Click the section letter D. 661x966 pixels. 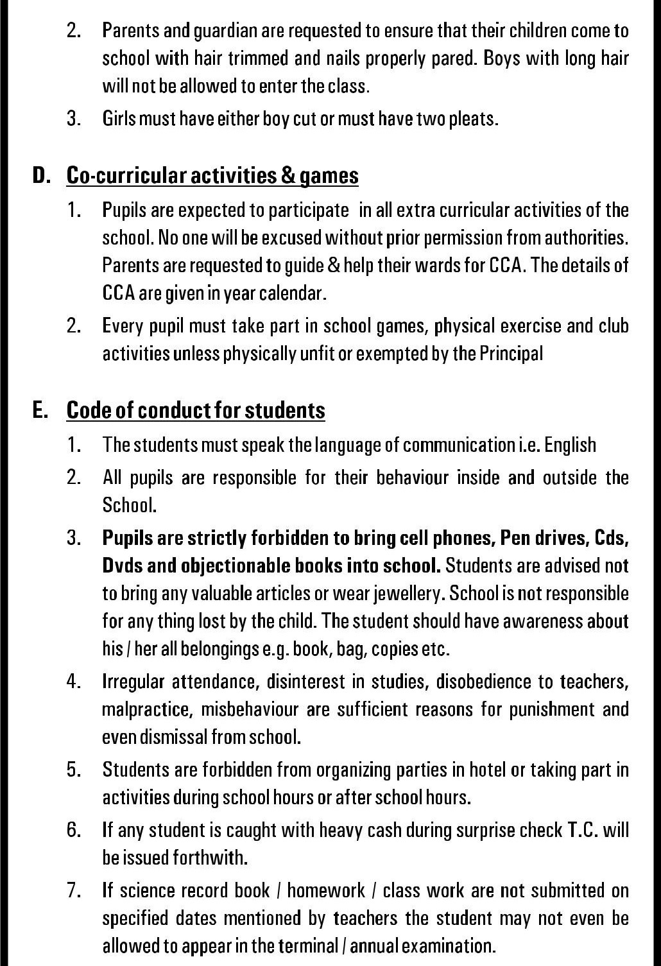pyautogui.click(x=40, y=175)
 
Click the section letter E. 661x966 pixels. pyautogui.click(x=40, y=410)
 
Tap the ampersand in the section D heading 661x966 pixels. pyautogui.click(x=288, y=175)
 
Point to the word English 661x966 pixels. pyautogui.click(x=570, y=445)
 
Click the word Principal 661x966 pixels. pyautogui.click(x=511, y=354)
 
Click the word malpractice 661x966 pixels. pyautogui.click(x=147, y=709)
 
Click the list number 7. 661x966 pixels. pyautogui.click(x=74, y=890)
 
